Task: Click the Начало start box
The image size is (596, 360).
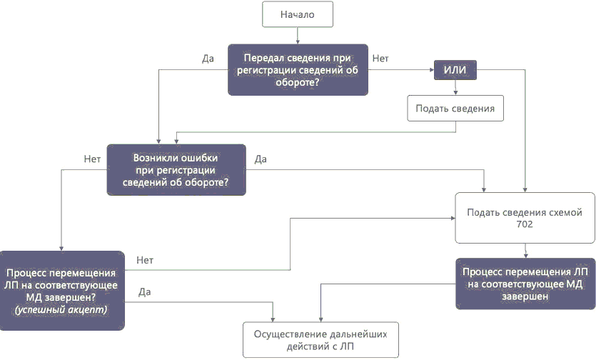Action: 298,14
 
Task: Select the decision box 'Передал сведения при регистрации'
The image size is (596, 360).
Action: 298,70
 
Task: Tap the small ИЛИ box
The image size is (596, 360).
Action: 455,70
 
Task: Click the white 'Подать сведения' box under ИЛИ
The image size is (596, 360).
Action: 455,109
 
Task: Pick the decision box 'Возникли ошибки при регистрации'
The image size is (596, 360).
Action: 176,169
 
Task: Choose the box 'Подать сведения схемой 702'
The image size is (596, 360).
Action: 525,218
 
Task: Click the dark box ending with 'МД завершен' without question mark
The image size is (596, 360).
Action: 525,284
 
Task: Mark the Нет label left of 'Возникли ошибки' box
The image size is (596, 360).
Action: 91,159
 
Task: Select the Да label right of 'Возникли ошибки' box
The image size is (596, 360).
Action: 261,159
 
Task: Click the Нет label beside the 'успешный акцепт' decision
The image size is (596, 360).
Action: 145,260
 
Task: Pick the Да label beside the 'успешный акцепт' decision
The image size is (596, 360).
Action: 145,291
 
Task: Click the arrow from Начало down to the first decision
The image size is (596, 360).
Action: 298,35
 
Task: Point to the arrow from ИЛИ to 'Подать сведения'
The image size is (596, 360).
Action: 455,86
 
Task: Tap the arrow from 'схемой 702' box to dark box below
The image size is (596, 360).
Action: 525,250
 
